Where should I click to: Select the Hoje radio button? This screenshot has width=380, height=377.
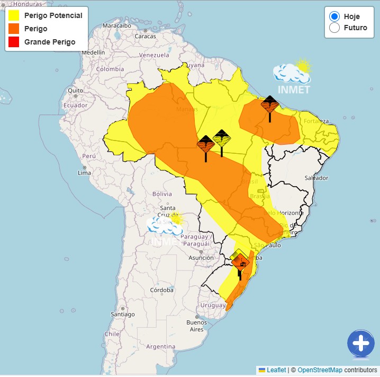334,16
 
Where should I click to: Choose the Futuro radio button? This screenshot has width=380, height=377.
334,28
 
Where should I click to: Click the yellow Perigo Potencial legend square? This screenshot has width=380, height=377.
14,15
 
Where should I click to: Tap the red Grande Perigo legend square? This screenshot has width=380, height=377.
14,42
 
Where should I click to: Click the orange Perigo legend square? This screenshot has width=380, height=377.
14,29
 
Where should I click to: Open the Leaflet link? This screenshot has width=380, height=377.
276,370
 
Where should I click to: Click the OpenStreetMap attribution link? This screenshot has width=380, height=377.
320,370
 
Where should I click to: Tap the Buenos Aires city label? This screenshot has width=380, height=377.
196,326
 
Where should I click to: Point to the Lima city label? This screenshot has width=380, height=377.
85,173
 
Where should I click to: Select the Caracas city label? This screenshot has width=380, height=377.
145,36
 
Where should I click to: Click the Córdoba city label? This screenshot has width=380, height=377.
161,290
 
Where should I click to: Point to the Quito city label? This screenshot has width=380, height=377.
75,90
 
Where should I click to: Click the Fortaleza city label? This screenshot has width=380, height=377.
316,120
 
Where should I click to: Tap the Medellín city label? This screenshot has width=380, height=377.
93,52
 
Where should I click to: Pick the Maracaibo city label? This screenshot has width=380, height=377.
116,25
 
